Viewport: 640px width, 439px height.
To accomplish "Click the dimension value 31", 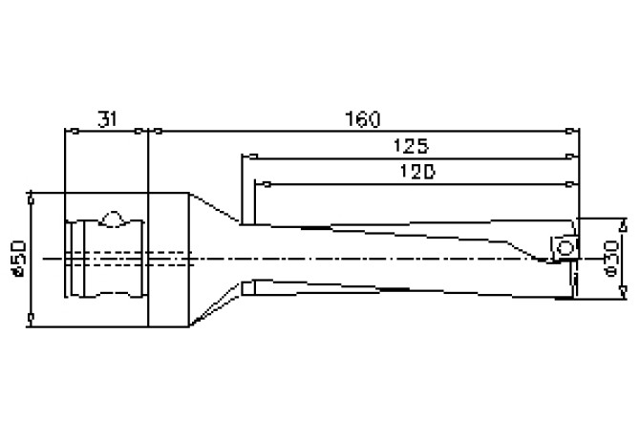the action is (x=107, y=119).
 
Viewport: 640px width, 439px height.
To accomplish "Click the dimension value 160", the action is (x=362, y=119).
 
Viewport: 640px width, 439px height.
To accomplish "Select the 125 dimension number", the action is (x=411, y=146).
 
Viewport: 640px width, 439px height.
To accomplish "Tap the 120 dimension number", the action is (x=417, y=172).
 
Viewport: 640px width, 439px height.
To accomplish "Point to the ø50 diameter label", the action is (x=20, y=259).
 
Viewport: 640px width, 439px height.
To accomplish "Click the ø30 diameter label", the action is (x=611, y=259).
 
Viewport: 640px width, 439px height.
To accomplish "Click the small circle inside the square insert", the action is (x=565, y=248).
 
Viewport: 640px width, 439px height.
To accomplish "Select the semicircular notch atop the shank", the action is (x=113, y=219).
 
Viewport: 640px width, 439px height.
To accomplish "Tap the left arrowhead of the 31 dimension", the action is (x=75, y=132).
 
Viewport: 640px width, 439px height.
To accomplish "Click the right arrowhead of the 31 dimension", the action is (x=139, y=132).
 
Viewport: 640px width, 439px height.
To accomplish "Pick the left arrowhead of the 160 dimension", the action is (x=159, y=132).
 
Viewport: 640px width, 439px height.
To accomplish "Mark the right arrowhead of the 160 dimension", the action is (x=570, y=132).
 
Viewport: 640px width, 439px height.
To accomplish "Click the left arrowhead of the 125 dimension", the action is (x=253, y=157).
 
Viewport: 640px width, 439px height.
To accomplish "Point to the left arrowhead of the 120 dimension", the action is (x=267, y=184).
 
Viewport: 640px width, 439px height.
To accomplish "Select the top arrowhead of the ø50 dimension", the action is (x=31, y=200).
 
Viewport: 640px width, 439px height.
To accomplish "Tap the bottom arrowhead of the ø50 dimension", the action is (x=31, y=318).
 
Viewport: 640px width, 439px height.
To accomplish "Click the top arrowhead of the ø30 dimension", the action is (x=623, y=226).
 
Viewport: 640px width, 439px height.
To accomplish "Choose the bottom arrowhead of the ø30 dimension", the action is (x=623, y=291).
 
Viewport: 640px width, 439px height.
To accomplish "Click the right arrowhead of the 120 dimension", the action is (x=570, y=184).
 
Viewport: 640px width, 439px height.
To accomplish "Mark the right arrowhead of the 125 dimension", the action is (x=570, y=157).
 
